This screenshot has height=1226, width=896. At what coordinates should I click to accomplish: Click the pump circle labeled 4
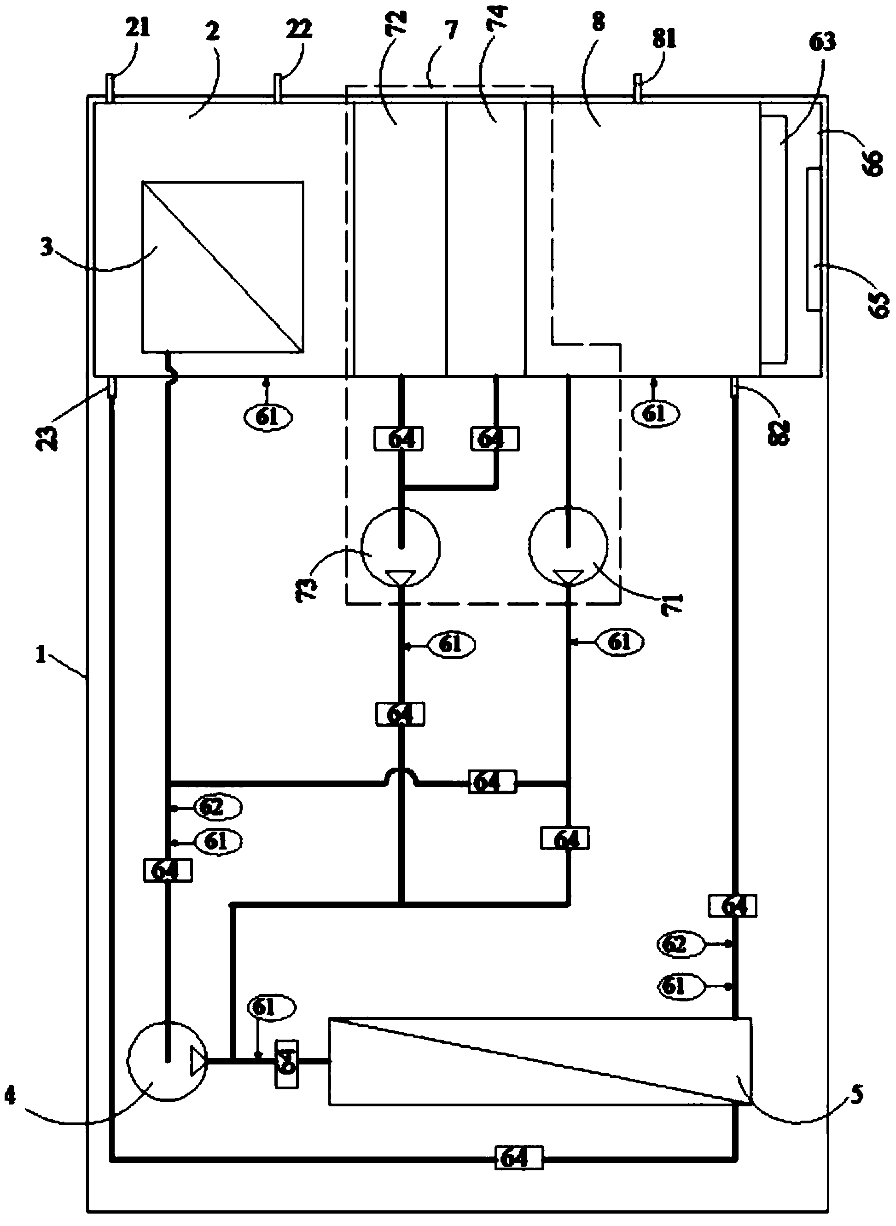tap(167, 1061)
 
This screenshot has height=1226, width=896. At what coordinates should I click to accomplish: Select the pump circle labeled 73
tap(400, 546)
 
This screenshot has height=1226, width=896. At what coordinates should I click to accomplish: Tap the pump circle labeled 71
tap(568, 546)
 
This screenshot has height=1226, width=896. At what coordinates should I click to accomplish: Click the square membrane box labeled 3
tap(222, 266)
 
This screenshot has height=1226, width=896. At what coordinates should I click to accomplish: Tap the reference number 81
tap(664, 39)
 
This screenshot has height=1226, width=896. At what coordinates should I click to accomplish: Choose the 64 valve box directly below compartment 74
tap(494, 439)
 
